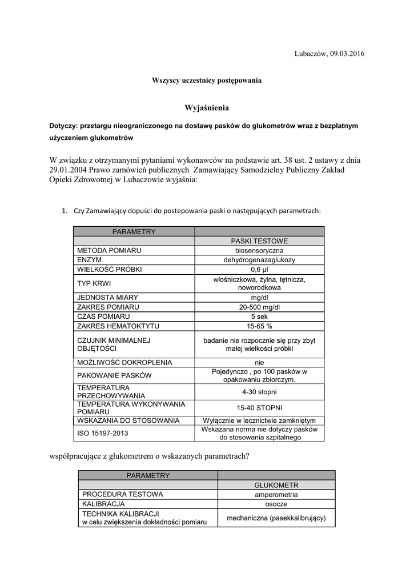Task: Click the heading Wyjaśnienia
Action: (x=207, y=107)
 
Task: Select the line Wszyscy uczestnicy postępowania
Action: (x=207, y=81)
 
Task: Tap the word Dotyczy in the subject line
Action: (x=63, y=125)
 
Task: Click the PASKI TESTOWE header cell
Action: (x=259, y=241)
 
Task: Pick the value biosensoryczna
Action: (x=259, y=250)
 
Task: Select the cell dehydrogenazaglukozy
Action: (x=259, y=260)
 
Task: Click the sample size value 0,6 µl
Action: (x=259, y=270)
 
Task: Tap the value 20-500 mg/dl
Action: (x=259, y=307)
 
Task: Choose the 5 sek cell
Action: (x=259, y=316)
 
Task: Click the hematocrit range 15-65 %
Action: (x=259, y=326)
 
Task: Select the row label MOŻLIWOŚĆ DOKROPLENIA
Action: (x=116, y=362)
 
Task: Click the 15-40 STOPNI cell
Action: (x=259, y=407)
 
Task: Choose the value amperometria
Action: (x=276, y=494)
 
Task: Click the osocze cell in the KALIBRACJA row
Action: (x=276, y=504)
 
